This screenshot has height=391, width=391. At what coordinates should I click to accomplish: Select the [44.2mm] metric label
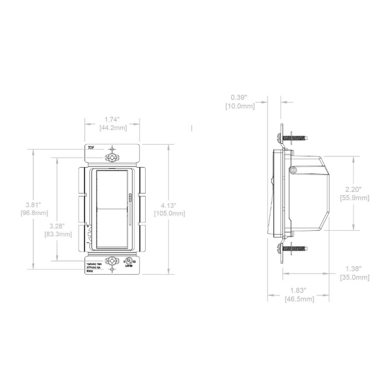(112, 128)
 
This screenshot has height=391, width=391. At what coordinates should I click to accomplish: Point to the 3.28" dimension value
(57, 226)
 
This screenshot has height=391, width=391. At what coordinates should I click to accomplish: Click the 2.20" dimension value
(354, 189)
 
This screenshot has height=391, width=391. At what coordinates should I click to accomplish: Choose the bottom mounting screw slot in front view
(113, 260)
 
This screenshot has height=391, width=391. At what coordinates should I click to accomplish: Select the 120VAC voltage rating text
(94, 261)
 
